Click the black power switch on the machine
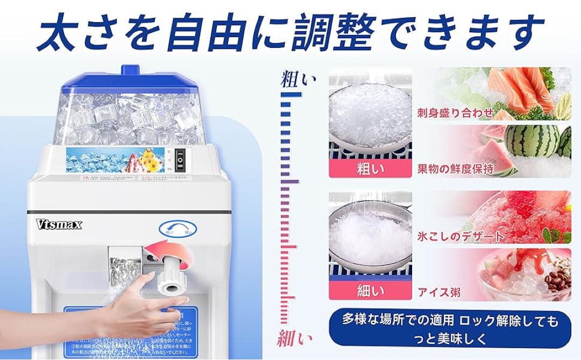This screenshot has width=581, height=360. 181,159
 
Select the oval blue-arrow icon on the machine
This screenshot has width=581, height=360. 178,230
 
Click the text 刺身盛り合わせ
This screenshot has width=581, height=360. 455,112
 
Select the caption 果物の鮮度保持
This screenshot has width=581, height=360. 455,168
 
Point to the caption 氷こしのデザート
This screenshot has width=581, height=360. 461,236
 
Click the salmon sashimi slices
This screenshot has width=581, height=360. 514,89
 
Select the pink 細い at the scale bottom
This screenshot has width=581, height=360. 295,339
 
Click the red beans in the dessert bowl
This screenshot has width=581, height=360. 555,277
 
